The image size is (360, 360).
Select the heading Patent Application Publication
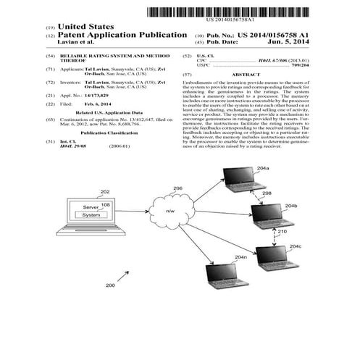click(123, 35)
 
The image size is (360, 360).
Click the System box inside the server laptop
click(92, 215)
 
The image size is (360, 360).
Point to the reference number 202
click(105, 191)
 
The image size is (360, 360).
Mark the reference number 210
click(282, 232)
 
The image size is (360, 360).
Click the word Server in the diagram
click(91, 206)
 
